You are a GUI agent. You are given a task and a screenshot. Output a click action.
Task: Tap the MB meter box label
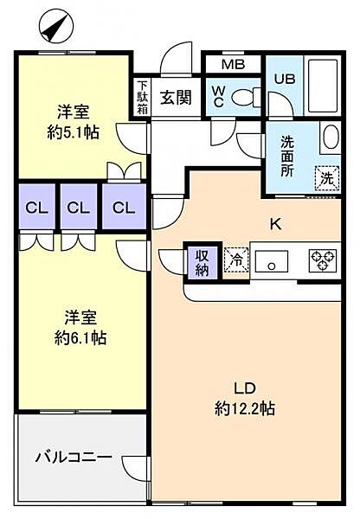[232, 64]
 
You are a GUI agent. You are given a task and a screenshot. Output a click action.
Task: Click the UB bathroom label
[285, 78]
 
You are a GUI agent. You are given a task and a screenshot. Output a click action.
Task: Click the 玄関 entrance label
[176, 96]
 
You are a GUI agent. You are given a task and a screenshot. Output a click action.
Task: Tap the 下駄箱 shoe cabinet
[142, 98]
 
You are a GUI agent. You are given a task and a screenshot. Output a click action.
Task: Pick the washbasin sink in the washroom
[330, 137]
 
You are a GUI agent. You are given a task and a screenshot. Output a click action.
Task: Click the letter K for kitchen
[275, 224]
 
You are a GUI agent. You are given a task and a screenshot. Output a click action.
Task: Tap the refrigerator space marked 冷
[234, 259]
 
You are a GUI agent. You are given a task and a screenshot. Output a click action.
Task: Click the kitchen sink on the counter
[275, 260]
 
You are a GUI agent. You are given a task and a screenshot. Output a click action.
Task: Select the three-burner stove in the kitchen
[322, 259]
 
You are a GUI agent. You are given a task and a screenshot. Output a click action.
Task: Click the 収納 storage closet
[202, 261]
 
